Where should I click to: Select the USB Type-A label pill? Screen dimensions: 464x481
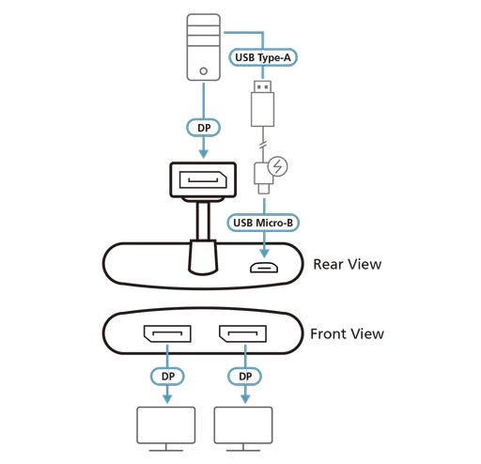[264, 57]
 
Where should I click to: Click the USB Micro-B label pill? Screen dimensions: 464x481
[264, 224]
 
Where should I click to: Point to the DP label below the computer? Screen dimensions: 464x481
[203, 125]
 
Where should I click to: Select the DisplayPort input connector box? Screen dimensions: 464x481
[202, 184]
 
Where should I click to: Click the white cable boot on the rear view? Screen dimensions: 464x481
[203, 259]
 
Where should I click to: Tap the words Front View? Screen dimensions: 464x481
[347, 333]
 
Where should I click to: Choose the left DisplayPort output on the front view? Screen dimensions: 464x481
[168, 336]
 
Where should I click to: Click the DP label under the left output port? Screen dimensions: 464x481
[168, 377]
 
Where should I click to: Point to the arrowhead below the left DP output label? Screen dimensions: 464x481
[168, 398]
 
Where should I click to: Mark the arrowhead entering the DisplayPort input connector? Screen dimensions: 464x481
[203, 153]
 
